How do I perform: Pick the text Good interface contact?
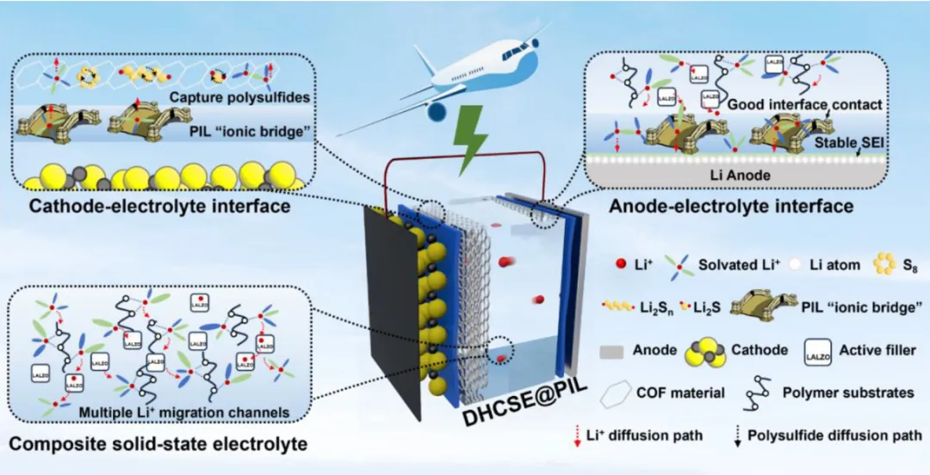[x=806, y=104]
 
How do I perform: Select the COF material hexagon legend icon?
[x=619, y=392]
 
